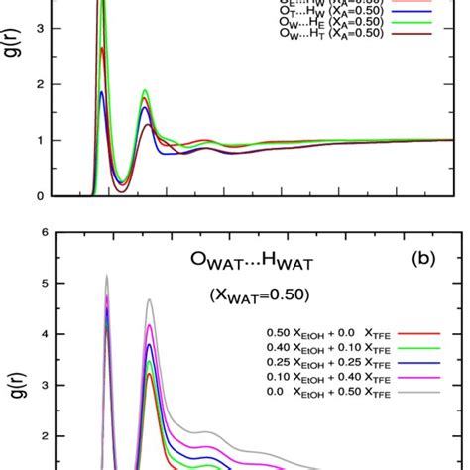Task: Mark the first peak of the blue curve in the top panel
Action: click(x=102, y=92)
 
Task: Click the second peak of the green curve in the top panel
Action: click(x=146, y=90)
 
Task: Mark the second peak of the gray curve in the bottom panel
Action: click(x=150, y=299)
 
